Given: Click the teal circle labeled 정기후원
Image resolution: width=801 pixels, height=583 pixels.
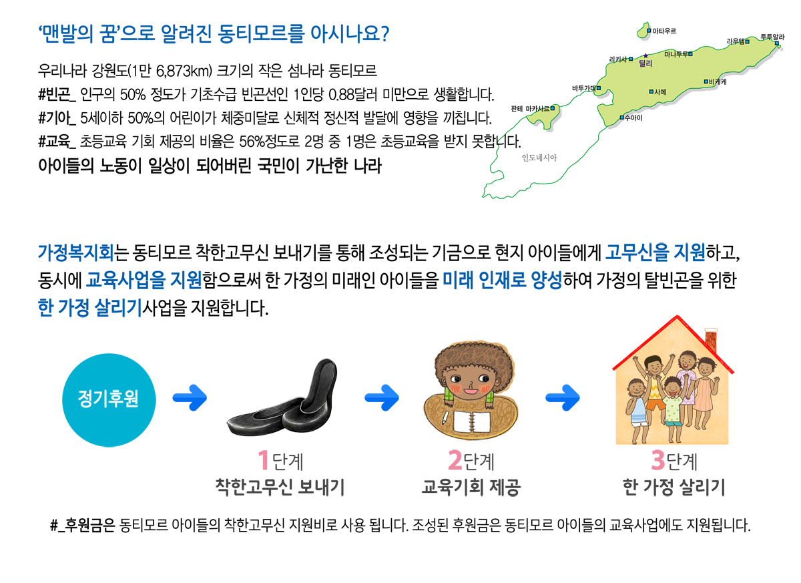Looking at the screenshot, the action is point(109,400).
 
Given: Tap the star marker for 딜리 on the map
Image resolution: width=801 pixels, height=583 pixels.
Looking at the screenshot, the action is point(645,56).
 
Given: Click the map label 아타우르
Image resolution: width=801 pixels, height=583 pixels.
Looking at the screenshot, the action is point(664,31).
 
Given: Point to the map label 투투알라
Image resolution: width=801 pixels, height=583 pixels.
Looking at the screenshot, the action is point(772,37).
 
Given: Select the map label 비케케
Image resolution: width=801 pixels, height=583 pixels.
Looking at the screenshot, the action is point(718,81).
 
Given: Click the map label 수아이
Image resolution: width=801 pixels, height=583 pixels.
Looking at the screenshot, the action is point(633,118).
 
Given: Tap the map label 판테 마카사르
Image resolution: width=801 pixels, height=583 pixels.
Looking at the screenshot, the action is point(530,109).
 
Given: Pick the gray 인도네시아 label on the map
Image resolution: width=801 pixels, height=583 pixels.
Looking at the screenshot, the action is point(539,158).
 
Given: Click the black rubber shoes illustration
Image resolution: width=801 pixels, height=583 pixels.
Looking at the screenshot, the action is point(282,398).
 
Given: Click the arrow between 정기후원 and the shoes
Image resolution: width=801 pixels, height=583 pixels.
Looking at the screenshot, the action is point(190,398).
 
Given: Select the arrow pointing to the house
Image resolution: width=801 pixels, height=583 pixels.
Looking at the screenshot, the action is point(563,398).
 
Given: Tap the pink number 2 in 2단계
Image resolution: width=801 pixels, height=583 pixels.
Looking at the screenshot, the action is point(455,460).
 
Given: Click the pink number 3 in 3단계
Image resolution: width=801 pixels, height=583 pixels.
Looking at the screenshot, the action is point(658,460).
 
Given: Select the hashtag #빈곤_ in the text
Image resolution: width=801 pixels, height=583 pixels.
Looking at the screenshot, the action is point(57,94).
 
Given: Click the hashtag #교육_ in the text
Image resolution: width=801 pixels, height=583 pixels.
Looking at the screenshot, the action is point(57,142).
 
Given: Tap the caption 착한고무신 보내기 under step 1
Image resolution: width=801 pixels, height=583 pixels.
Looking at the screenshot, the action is point(280,487).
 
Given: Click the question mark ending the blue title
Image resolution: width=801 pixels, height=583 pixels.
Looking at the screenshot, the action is point(384,33).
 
